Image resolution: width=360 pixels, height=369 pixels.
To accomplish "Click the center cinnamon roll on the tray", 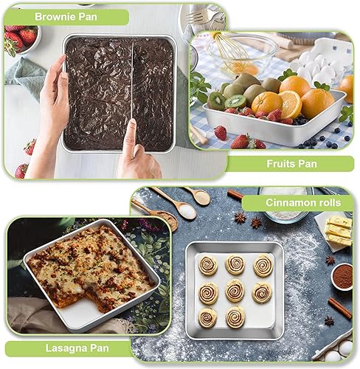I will pos(235,290).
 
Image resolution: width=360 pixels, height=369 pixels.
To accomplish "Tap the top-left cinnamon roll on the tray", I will pos(209,264).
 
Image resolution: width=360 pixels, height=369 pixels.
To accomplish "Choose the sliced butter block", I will pos(339,232).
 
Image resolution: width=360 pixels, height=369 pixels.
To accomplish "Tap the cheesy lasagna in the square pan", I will pos(89,265).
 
